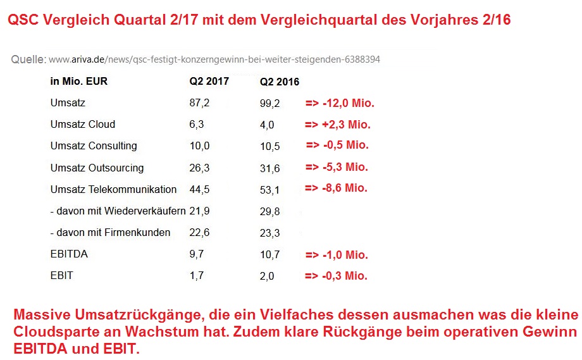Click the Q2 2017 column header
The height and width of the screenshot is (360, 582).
click(x=209, y=81)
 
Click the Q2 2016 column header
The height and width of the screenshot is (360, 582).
click(x=279, y=82)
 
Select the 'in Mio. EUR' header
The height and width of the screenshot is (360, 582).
click(x=74, y=81)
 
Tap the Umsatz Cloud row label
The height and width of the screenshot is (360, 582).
click(x=82, y=124)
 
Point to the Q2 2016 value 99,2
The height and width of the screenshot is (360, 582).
click(x=269, y=103)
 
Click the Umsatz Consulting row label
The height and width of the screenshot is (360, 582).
click(x=94, y=146)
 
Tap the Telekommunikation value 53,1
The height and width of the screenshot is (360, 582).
click(x=269, y=190)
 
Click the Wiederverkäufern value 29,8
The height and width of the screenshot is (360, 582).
click(x=269, y=211)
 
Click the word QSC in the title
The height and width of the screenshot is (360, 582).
click(x=24, y=20)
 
